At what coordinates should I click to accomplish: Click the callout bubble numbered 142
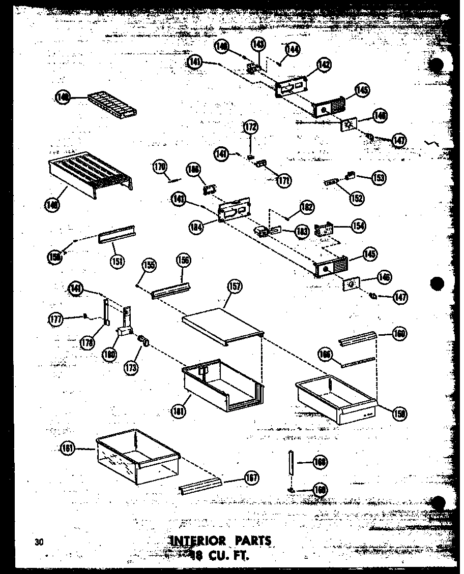324,65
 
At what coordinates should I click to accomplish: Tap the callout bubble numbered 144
293,49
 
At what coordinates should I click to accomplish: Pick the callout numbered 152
357,198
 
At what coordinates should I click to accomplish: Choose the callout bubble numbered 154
357,226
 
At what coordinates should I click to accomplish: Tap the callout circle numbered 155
149,265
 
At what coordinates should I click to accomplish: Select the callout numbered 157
235,286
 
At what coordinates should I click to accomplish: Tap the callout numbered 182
307,207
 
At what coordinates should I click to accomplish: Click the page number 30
39,542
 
